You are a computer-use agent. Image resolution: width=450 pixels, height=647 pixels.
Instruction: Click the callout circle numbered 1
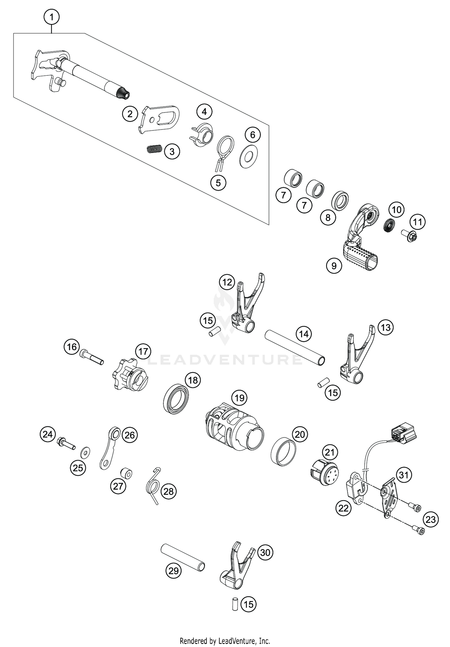click(x=52, y=17)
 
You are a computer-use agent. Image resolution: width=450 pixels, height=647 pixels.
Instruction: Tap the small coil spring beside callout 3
click(x=155, y=149)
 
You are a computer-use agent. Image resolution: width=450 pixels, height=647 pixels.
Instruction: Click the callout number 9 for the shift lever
click(x=334, y=266)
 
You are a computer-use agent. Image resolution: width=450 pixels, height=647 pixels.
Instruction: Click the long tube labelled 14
click(x=295, y=348)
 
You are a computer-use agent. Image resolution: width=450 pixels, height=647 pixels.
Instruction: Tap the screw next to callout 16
click(x=91, y=358)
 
